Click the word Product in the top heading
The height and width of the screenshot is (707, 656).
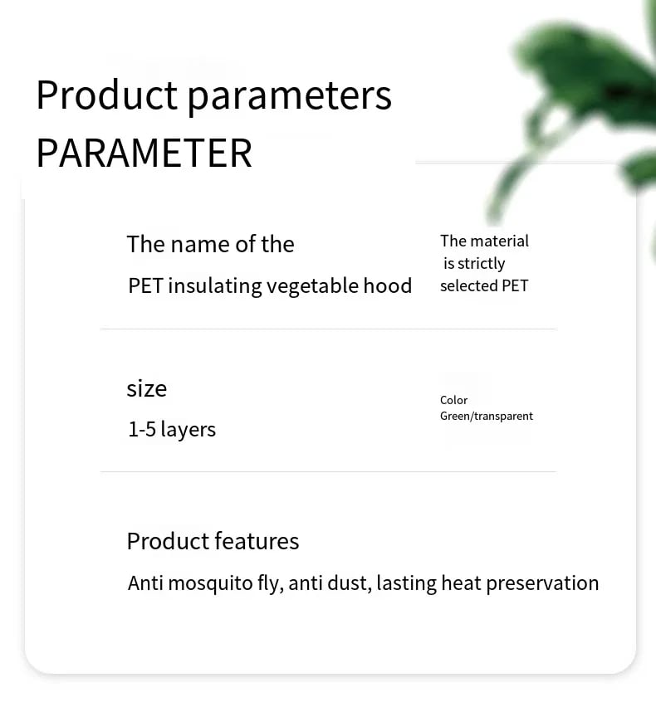pyautogui.click(x=107, y=95)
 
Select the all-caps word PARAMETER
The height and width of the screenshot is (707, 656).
pyautogui.click(x=144, y=153)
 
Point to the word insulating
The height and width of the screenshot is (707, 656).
pyautogui.click(x=215, y=286)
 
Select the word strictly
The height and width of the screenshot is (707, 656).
pyautogui.click(x=481, y=264)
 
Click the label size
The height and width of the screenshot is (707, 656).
pyautogui.click(x=147, y=388)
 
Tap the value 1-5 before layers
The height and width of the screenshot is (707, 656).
pyautogui.click(x=142, y=429)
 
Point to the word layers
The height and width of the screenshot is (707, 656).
pyautogui.click(x=188, y=430)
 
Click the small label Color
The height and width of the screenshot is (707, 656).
pyautogui.click(x=454, y=401)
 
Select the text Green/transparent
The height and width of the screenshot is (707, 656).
pyautogui.click(x=487, y=417)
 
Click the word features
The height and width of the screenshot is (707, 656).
pyautogui.click(x=257, y=542)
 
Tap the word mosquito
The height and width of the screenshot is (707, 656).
pyautogui.click(x=210, y=584)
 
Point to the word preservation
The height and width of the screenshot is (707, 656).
pyautogui.click(x=543, y=584)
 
